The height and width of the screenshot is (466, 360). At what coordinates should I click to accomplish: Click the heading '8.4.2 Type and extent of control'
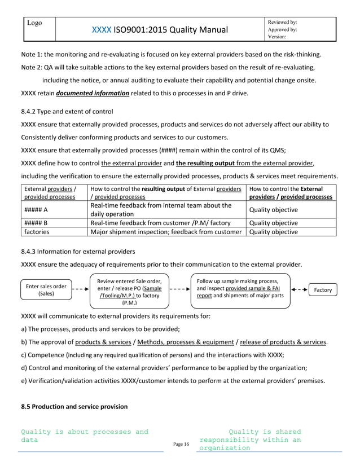(x=67, y=111)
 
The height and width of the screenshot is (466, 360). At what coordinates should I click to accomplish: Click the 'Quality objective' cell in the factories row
(x=273, y=231)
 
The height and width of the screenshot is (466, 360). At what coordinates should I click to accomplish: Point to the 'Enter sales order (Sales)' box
(x=46, y=290)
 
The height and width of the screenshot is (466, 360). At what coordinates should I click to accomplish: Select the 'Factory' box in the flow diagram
(x=323, y=289)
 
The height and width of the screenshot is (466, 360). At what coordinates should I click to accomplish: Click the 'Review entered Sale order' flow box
(x=129, y=291)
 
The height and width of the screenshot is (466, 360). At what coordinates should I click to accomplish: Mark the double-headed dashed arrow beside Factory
(x=299, y=289)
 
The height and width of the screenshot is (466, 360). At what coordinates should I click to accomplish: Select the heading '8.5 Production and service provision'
(x=74, y=406)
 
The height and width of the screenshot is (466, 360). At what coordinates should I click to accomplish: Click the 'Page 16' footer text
(x=181, y=445)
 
